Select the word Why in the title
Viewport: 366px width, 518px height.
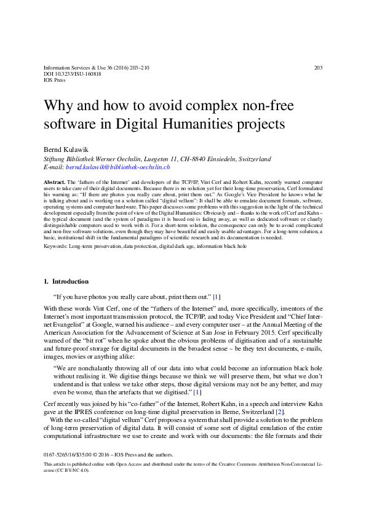57,104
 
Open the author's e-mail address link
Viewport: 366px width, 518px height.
118,167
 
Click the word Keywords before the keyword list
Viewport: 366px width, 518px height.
55,246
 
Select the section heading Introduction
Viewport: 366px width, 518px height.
71,282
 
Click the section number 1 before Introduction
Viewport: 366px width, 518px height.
46,282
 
